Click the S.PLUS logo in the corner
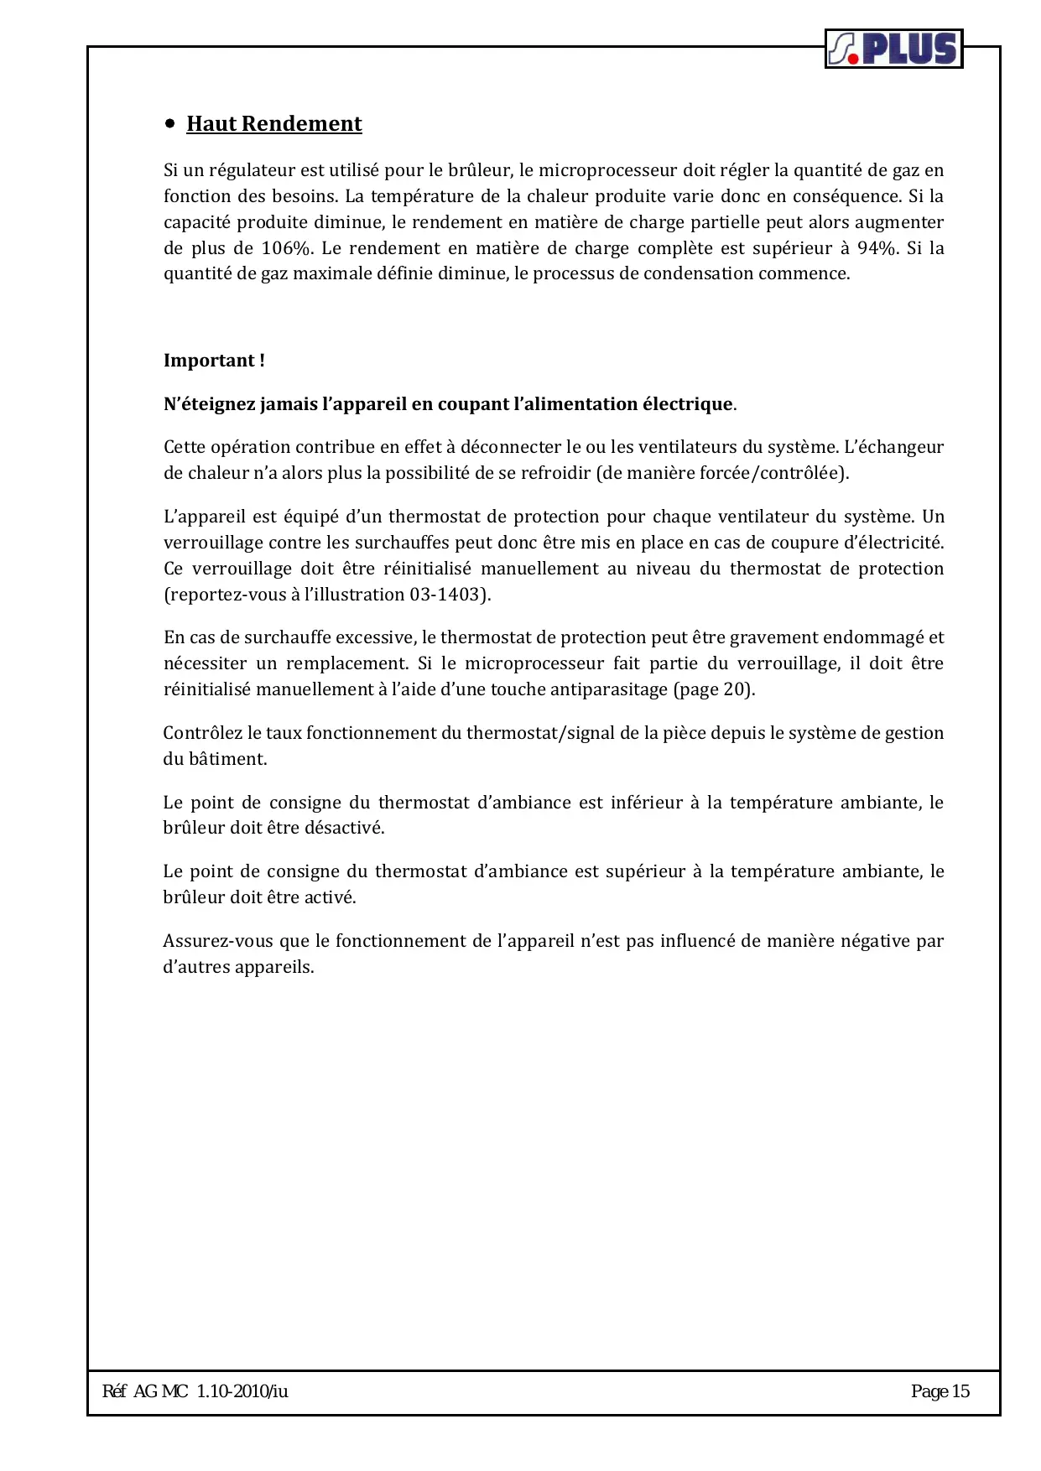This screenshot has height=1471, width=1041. click(893, 49)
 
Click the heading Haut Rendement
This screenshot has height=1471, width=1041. click(273, 124)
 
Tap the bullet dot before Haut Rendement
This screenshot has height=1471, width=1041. click(170, 123)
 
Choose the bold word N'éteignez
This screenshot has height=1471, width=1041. click(209, 404)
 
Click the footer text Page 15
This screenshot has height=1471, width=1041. click(940, 1391)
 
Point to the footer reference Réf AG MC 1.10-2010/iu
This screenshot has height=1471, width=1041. click(195, 1391)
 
